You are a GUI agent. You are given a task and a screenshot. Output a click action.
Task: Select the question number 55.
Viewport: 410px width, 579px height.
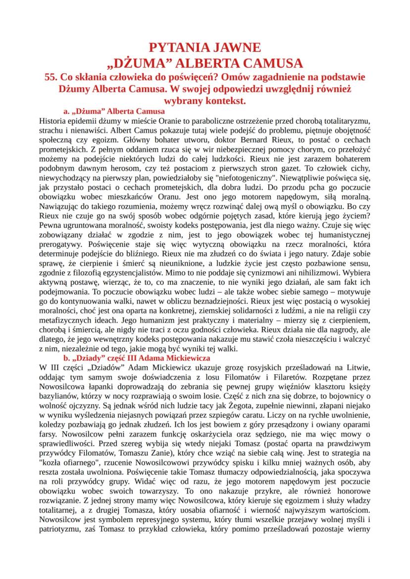click(51, 77)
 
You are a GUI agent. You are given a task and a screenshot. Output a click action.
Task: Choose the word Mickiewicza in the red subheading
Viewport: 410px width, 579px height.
click(186, 357)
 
